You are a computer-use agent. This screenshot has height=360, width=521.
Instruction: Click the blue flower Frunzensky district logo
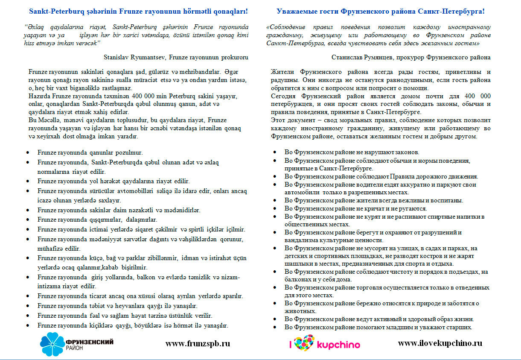(53, 344)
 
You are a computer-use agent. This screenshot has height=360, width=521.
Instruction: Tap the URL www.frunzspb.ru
(198, 343)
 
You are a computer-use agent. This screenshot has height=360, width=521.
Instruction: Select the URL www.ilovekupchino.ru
(440, 343)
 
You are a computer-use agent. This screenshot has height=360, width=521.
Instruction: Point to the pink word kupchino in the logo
(338, 345)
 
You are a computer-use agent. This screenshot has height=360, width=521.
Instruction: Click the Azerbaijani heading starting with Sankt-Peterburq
(138, 12)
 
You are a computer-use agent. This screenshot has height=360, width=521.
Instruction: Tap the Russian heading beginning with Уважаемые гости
(380, 12)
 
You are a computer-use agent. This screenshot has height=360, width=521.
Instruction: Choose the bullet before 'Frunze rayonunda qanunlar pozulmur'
(28, 152)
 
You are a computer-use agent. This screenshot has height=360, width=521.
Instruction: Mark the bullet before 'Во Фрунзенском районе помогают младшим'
(276, 328)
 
